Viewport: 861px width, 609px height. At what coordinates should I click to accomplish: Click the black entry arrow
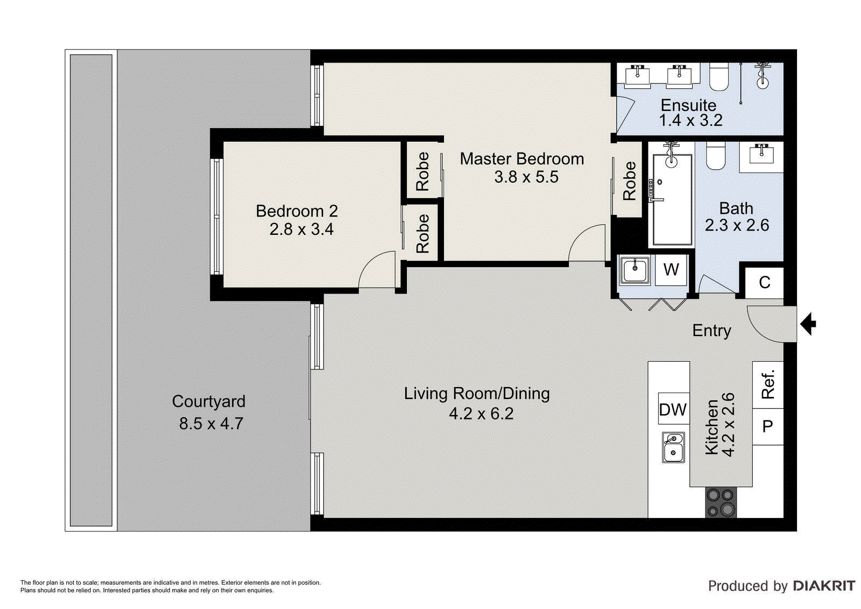[x=808, y=324]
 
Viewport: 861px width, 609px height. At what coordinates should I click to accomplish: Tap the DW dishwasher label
[x=673, y=410]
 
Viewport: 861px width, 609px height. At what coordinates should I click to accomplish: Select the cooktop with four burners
[x=721, y=502]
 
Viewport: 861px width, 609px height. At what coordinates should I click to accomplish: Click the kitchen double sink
[x=673, y=447]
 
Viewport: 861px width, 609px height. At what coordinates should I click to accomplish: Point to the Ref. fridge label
[x=767, y=384]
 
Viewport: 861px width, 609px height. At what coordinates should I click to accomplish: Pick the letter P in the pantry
[x=767, y=426]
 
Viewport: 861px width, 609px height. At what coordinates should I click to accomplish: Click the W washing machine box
[x=671, y=270]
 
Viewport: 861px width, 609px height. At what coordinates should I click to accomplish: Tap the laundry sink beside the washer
[x=635, y=270]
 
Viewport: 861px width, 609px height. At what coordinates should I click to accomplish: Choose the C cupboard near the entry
[x=765, y=283]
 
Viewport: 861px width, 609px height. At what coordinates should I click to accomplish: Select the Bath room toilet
[x=715, y=156]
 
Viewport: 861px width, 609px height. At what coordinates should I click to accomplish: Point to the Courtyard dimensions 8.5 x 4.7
[x=211, y=424]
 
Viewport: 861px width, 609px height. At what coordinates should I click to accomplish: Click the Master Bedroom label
[x=521, y=158]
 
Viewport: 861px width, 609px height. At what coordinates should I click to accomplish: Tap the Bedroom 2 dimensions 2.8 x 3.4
[x=301, y=229]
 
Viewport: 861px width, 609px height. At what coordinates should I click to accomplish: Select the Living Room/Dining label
[x=477, y=394]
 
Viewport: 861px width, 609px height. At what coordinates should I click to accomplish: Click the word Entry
[x=711, y=331]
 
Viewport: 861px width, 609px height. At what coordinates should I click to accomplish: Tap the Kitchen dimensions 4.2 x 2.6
[x=729, y=425]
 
